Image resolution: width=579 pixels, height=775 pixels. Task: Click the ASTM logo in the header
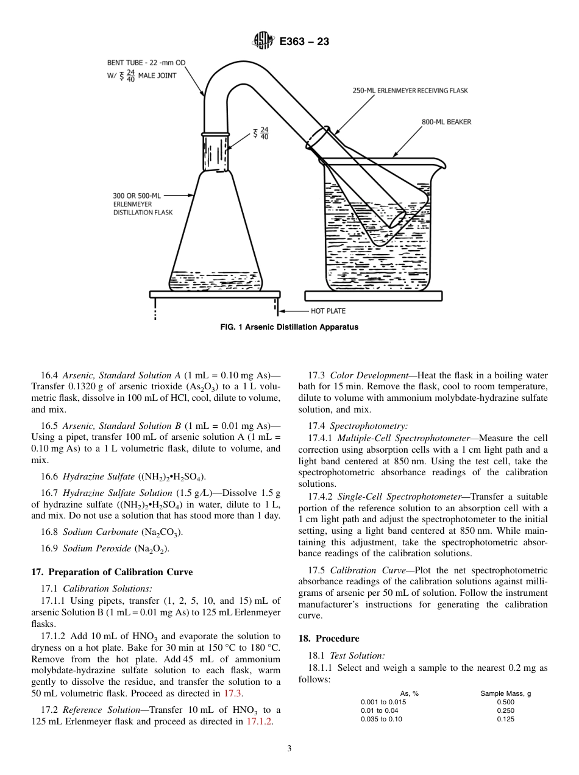263,41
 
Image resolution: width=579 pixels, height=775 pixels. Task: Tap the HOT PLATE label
328,311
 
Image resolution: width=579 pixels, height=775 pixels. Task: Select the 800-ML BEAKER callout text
446,122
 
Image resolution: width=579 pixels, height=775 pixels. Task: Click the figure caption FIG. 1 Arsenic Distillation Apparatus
289,327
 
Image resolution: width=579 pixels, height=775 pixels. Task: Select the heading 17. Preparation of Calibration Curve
112,572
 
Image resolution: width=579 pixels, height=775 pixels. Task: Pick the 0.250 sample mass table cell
505,710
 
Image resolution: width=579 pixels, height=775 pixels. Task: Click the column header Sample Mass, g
505,693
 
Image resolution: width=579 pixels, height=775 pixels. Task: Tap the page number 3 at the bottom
289,749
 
